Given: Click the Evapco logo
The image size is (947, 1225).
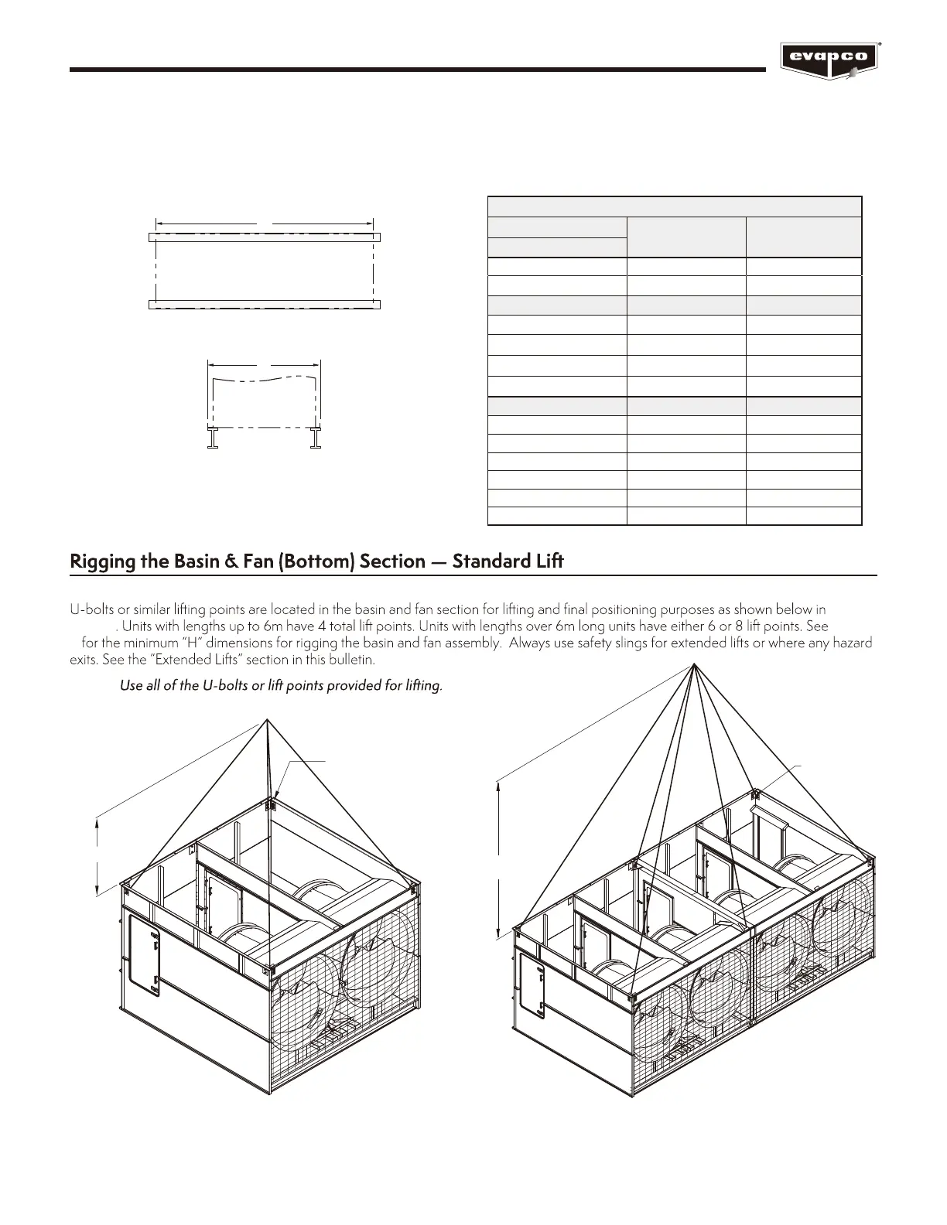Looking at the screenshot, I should click(831, 60).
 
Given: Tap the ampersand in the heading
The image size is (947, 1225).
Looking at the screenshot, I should click(230, 561).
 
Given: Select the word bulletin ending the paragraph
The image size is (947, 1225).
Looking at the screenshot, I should click(352, 660).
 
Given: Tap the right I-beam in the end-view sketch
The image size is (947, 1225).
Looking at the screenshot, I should click(316, 438).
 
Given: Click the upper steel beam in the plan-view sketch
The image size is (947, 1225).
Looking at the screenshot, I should click(265, 237).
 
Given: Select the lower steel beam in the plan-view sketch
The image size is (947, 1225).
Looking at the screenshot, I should click(265, 305).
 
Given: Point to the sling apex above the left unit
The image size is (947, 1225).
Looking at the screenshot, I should click(267, 721).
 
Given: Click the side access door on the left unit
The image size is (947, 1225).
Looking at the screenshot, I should click(144, 956).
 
